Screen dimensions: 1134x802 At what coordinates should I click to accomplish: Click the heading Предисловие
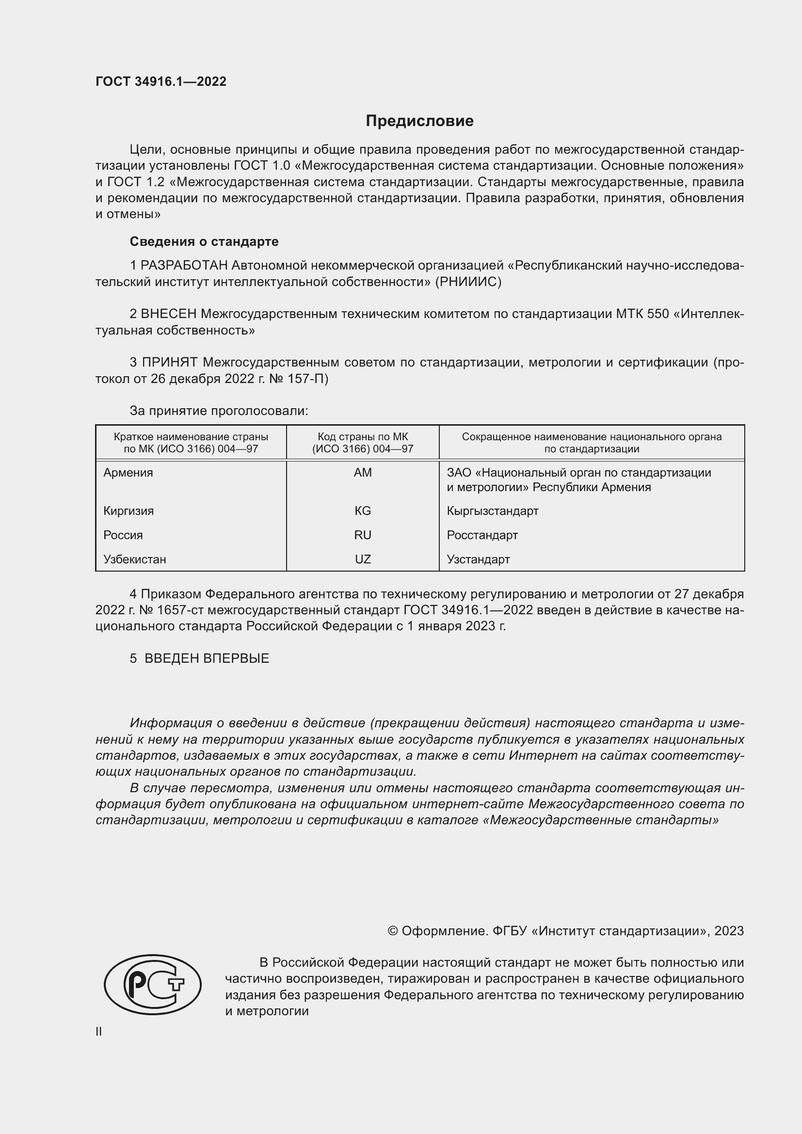(x=419, y=121)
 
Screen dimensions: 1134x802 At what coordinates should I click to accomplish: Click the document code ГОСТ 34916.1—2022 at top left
(x=161, y=81)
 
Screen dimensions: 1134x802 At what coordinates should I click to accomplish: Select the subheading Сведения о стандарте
(x=204, y=241)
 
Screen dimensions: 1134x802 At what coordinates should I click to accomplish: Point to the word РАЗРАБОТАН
(x=184, y=266)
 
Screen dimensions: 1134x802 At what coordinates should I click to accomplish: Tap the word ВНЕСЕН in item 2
(x=169, y=314)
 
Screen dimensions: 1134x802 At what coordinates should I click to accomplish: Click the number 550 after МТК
(x=657, y=314)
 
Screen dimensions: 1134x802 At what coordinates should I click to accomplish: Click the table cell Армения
(x=128, y=473)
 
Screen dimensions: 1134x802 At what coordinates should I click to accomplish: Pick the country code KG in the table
(x=363, y=511)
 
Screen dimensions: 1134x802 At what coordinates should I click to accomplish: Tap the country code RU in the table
(x=363, y=535)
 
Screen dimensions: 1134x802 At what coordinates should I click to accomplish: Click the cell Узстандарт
(x=478, y=559)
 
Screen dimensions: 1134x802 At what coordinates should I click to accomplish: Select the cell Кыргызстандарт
(x=492, y=511)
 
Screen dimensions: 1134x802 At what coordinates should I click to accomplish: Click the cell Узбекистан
(x=135, y=559)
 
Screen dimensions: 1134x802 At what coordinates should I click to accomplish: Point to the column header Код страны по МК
(x=363, y=437)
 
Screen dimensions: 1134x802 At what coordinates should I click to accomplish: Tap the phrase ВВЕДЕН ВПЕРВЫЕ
(x=207, y=658)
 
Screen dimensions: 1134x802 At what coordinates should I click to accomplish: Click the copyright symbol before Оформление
(x=393, y=931)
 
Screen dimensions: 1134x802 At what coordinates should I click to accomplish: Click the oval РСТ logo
(x=153, y=985)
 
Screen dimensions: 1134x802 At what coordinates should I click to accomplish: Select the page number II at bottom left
(x=99, y=1031)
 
